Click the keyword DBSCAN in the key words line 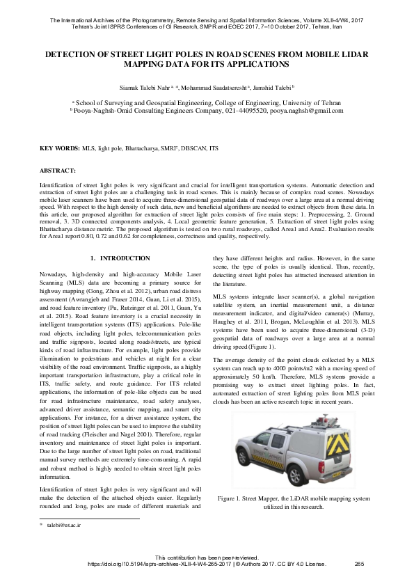click(193, 149)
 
